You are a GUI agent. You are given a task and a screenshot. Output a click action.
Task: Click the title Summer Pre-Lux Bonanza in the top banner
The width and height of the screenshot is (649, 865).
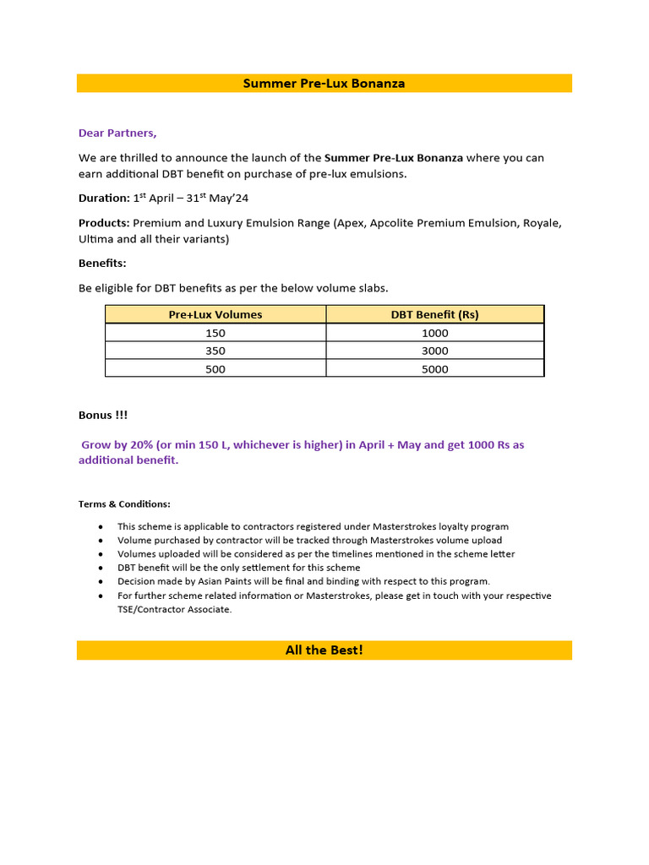pyautogui.click(x=324, y=84)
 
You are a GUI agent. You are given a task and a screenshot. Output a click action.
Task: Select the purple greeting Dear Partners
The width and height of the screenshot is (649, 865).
pyautogui.click(x=117, y=133)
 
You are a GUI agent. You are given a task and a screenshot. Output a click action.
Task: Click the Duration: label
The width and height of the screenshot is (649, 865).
pyautogui.click(x=104, y=198)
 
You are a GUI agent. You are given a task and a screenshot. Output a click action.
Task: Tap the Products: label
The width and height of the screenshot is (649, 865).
pyautogui.click(x=104, y=223)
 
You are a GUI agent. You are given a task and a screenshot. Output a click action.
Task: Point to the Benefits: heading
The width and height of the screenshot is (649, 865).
pyautogui.click(x=102, y=264)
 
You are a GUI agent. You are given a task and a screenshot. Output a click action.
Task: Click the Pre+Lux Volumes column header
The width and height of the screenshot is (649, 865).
pyautogui.click(x=215, y=314)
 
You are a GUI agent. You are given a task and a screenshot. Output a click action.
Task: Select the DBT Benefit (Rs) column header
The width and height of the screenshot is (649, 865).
pyautogui.click(x=434, y=314)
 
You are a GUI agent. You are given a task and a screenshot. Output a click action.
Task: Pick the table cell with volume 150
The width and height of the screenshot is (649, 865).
pyautogui.click(x=215, y=333)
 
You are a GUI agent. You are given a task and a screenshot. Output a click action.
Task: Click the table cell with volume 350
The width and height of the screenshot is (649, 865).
pyautogui.click(x=215, y=351)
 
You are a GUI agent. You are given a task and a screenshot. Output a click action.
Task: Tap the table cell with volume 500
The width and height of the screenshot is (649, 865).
pyautogui.click(x=215, y=369)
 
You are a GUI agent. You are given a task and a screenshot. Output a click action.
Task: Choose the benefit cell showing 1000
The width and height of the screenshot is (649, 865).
pyautogui.click(x=434, y=333)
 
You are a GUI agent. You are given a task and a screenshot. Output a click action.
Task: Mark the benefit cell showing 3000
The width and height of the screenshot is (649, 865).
pyautogui.click(x=434, y=351)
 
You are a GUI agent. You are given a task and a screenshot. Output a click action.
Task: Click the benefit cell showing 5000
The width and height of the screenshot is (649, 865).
pyautogui.click(x=434, y=369)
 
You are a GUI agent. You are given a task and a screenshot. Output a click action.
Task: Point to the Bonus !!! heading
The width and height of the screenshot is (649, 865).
pyautogui.click(x=103, y=416)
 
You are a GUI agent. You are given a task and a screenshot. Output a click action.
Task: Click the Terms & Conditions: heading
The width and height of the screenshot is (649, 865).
pyautogui.click(x=124, y=504)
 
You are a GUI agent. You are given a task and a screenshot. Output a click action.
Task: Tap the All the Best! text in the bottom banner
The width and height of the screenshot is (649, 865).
pyautogui.click(x=324, y=650)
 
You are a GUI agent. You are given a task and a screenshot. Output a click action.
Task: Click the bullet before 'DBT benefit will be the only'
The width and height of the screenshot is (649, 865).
pyautogui.click(x=101, y=568)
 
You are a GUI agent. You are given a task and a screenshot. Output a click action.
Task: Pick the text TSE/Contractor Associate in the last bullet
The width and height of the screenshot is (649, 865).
pyautogui.click(x=174, y=609)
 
